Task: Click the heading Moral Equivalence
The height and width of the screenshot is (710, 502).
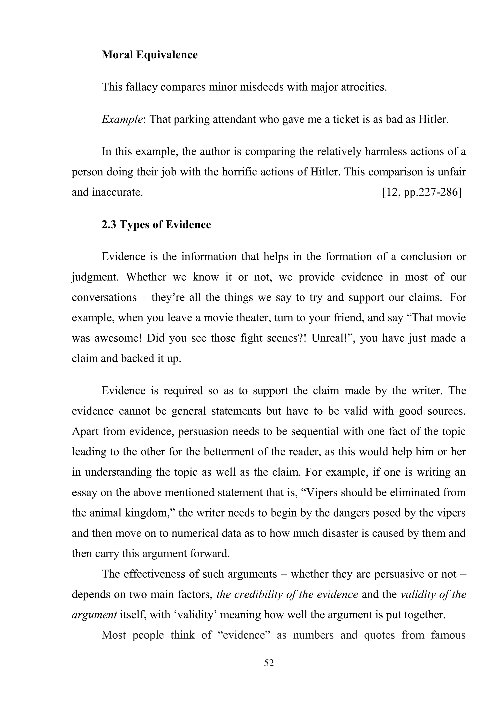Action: point(150,55)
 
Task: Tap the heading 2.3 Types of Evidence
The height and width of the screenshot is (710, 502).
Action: point(156,225)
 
